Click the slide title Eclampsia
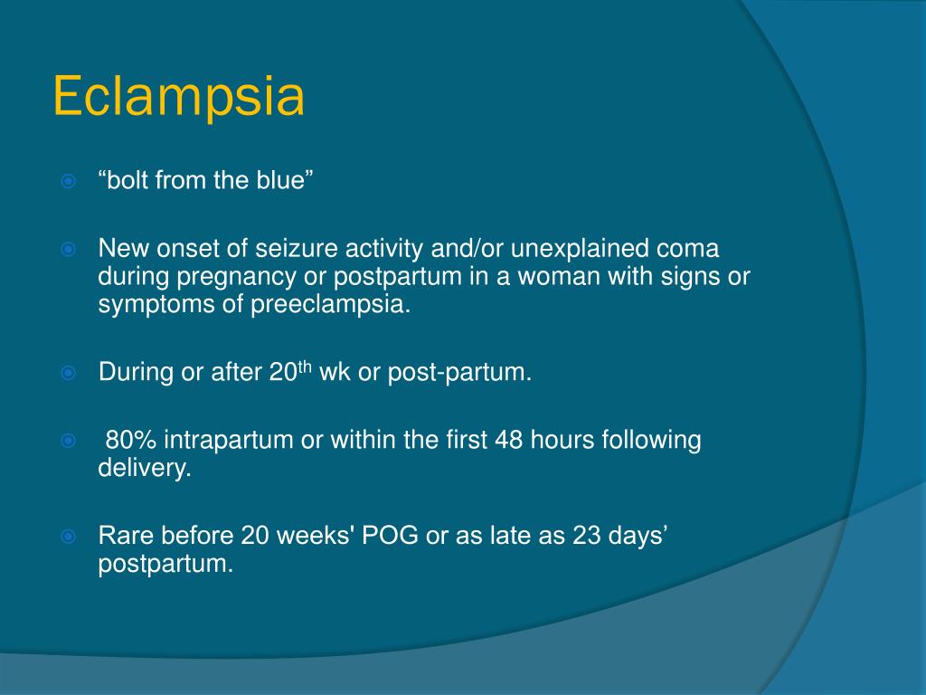[178, 98]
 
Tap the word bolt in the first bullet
[127, 180]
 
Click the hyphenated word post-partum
[459, 373]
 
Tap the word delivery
[145, 469]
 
